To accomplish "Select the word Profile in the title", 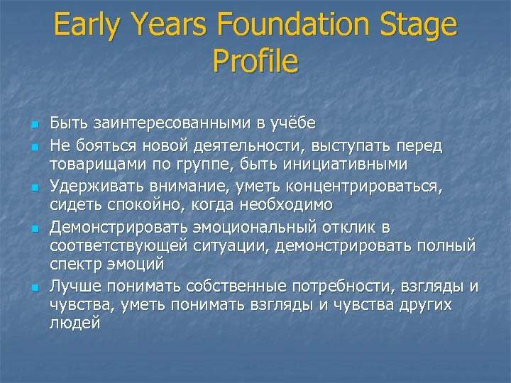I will pyautogui.click(x=255, y=62).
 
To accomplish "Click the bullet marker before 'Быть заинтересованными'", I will pyautogui.click(x=33, y=126).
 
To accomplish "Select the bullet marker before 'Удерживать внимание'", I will pyautogui.click(x=33, y=188).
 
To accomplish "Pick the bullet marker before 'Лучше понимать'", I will pyautogui.click(x=33, y=288).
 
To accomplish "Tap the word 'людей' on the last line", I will pyautogui.click(x=75, y=323).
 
